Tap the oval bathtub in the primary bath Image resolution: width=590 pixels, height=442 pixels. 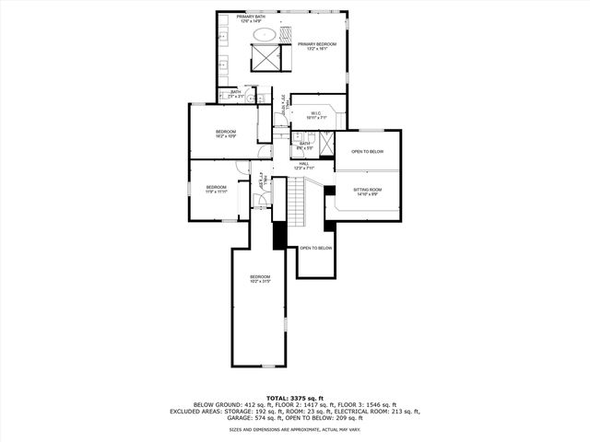(x=265, y=35)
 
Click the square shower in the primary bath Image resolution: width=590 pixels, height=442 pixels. (x=265, y=57)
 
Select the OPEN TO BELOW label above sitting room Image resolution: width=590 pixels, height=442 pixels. (x=367, y=152)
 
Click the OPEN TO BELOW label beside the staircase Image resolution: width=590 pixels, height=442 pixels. (x=315, y=248)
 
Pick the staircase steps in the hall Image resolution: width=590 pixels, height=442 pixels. (x=295, y=198)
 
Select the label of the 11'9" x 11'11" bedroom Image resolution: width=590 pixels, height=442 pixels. (x=216, y=189)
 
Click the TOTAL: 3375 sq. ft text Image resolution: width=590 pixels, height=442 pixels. (x=295, y=397)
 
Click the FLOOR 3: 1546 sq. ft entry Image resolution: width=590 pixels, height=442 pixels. (x=365, y=404)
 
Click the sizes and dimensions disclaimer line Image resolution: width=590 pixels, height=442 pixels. (x=295, y=429)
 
